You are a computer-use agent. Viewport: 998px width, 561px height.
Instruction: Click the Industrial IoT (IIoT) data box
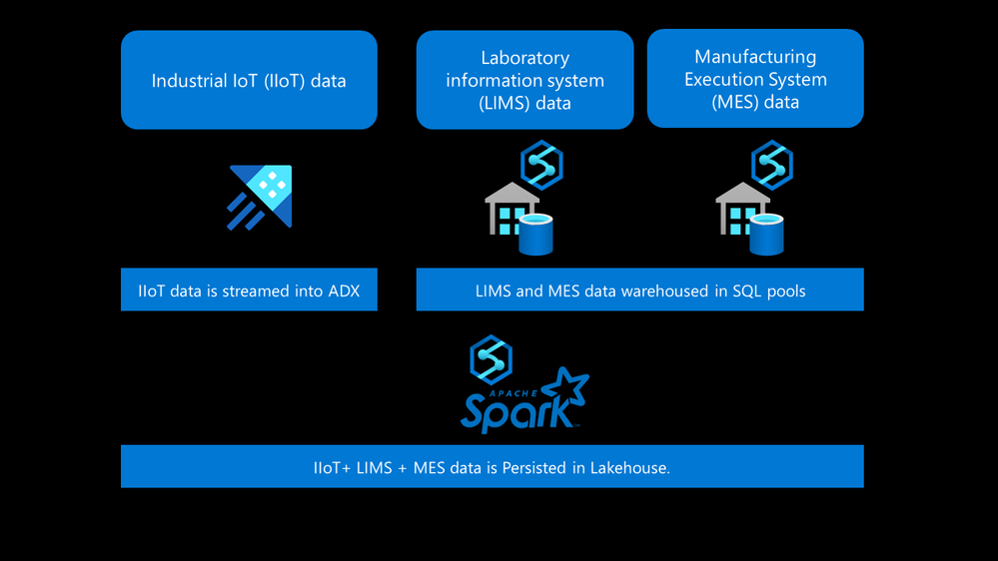[249, 80]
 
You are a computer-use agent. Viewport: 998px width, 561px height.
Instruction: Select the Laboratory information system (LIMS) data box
[524, 80]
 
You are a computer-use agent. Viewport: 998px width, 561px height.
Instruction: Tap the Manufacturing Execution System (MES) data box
[755, 79]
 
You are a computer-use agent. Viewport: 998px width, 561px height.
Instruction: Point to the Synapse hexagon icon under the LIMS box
[541, 165]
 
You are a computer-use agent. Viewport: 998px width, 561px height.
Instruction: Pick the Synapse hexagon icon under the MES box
[772, 165]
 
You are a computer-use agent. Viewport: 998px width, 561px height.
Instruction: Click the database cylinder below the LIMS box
[535, 235]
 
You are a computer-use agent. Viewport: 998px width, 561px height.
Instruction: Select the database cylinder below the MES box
[766, 235]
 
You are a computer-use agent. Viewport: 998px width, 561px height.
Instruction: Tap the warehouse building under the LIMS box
[508, 211]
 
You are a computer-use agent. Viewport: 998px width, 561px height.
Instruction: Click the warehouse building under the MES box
[740, 211]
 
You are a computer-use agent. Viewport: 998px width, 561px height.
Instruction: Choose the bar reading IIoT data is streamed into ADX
[249, 290]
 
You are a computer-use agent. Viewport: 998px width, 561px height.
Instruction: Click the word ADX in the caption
[342, 291]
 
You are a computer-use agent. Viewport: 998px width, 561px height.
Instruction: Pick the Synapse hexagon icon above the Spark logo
[491, 359]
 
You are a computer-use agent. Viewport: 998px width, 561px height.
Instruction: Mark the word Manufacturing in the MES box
[755, 57]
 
